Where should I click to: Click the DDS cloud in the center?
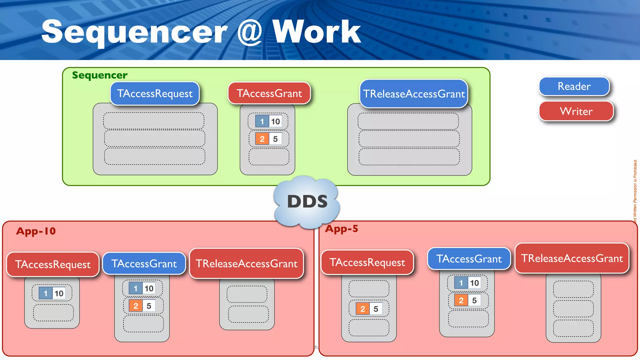tap(307, 202)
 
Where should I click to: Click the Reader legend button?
tap(574, 86)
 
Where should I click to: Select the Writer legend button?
tap(576, 111)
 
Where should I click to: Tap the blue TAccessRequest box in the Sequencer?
tap(155, 93)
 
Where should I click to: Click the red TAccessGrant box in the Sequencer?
tap(269, 93)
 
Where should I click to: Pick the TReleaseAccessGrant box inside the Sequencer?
tap(414, 94)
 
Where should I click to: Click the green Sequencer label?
tap(100, 75)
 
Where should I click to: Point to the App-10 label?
tap(36, 231)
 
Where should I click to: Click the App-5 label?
tap(342, 229)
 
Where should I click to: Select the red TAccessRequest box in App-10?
tap(53, 264)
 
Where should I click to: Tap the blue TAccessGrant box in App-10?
tap(144, 263)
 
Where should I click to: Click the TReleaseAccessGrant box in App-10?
tap(247, 263)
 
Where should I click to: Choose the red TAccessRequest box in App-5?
tap(367, 262)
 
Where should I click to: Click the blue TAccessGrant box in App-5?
tap(469, 259)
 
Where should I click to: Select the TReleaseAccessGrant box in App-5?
tap(572, 258)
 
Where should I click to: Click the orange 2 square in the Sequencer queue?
tap(262, 139)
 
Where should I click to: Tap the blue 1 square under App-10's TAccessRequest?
tap(46, 293)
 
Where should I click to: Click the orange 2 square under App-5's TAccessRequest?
tap(362, 309)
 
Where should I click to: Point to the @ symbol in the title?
tap(249, 32)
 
